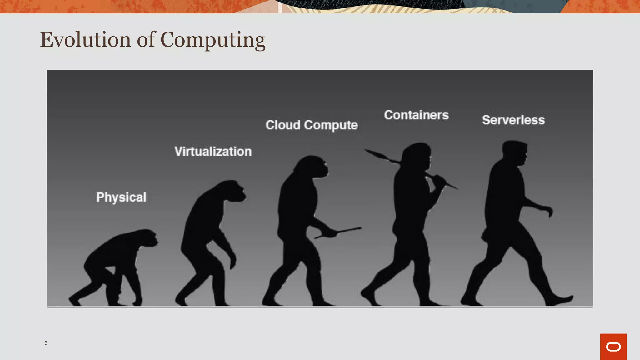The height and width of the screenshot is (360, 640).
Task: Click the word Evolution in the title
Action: click(85, 40)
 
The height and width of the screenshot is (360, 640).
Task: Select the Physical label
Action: click(121, 197)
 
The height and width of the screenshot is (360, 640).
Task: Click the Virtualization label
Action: click(213, 152)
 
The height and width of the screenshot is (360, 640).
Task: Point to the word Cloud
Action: click(283, 125)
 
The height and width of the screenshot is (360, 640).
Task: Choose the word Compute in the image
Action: click(331, 125)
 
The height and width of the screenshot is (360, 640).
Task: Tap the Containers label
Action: click(416, 115)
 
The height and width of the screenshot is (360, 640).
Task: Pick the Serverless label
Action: click(513, 120)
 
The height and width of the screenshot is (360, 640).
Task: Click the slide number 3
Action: click(46, 343)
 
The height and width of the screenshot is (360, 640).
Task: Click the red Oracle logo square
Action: click(613, 347)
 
